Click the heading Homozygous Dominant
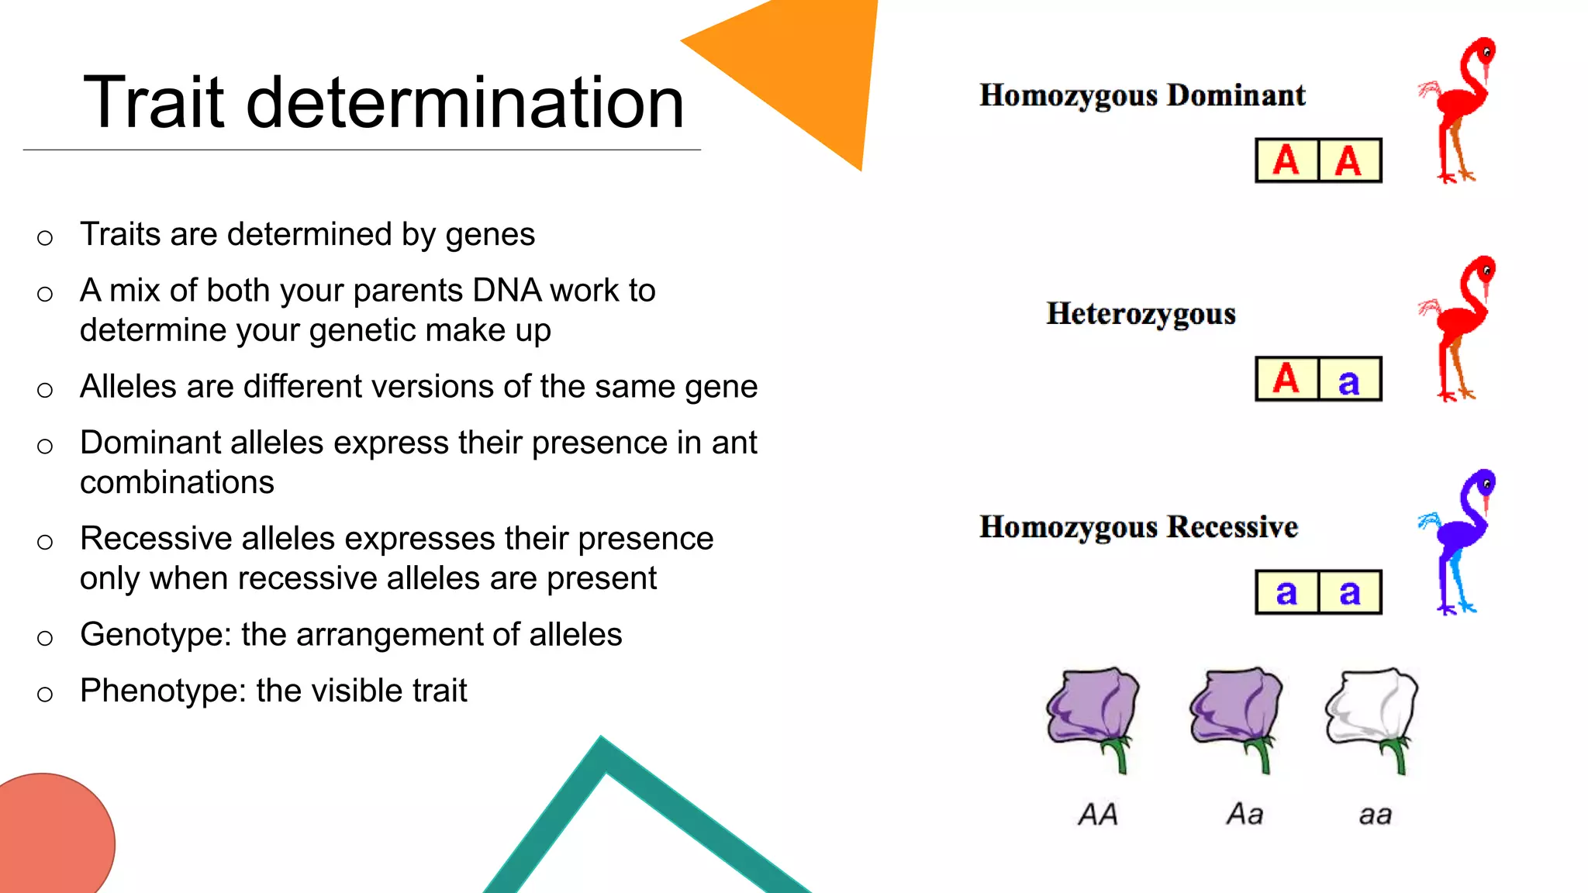1141,95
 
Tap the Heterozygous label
1140,314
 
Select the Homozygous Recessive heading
1137,527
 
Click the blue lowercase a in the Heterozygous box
1349,380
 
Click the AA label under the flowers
1098,815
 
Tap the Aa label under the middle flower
1245,815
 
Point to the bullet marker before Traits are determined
45,237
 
